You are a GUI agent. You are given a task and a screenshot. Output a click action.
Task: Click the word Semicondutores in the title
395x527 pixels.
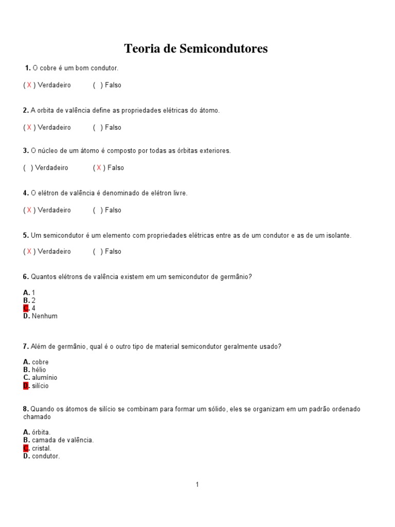pos(223,49)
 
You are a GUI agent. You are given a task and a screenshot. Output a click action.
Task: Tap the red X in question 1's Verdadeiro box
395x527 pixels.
pos(29,85)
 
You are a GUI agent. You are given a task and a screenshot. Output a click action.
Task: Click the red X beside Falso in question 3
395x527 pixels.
pos(99,168)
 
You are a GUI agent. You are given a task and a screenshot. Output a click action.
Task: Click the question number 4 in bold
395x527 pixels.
pos(25,193)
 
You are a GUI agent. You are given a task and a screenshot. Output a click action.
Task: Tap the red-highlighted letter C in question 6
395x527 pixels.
pos(26,308)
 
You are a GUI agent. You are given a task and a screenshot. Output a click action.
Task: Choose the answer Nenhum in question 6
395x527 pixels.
pos(45,316)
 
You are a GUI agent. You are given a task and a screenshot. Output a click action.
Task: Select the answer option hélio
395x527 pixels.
pos(39,370)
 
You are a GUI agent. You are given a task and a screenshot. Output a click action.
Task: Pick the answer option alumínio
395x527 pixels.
pos(45,377)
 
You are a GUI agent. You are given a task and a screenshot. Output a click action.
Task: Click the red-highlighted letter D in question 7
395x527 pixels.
pos(26,385)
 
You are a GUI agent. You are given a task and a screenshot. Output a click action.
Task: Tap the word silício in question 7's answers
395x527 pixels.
pos(40,385)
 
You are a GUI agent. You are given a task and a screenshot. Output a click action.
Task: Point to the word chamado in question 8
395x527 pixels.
pos(37,417)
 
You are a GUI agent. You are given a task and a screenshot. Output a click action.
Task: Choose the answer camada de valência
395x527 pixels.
pos(63,440)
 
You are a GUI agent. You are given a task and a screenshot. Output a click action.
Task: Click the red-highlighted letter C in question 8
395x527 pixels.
pos(26,448)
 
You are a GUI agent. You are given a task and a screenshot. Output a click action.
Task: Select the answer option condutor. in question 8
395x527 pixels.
pos(46,456)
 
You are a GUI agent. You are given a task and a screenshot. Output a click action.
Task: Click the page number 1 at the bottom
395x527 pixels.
pos(197,484)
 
